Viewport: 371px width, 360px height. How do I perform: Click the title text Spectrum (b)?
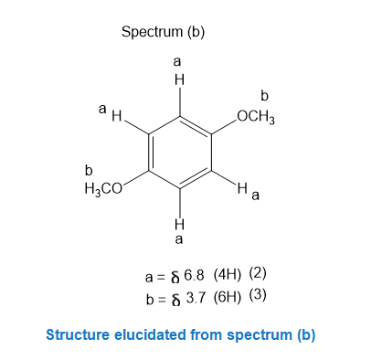click(x=163, y=32)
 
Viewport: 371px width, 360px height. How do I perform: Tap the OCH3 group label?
click(x=256, y=117)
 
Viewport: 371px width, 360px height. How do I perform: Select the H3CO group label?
click(x=103, y=189)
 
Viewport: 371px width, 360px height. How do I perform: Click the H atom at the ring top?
click(x=179, y=80)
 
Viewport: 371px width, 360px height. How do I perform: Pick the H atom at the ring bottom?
click(x=179, y=224)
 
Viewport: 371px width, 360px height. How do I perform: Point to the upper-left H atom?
click(x=117, y=116)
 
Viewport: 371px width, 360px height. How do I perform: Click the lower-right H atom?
click(x=242, y=187)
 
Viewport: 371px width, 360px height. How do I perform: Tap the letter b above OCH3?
click(x=264, y=96)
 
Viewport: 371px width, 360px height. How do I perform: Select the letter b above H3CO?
click(x=89, y=171)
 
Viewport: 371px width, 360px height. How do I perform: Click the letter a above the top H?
click(x=177, y=62)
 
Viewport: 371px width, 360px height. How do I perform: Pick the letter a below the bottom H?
click(x=179, y=239)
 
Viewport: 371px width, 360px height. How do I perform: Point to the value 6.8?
click(x=194, y=275)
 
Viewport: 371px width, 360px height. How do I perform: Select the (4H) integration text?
click(x=228, y=275)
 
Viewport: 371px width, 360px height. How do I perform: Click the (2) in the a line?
click(x=258, y=273)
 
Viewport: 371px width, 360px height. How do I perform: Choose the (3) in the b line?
click(x=258, y=295)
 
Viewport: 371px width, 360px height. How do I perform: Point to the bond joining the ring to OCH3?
click(x=224, y=127)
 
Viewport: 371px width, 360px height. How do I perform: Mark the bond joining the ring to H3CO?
click(x=136, y=177)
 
